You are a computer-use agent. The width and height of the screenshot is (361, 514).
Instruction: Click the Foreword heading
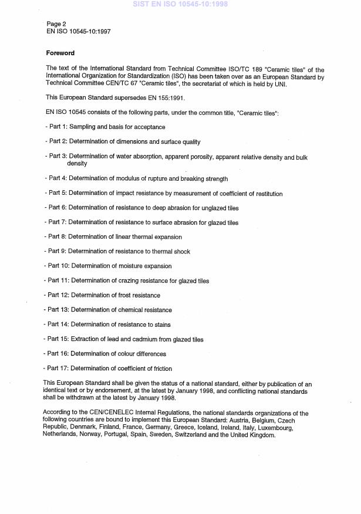60,53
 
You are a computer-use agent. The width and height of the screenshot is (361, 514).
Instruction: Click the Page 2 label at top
56,23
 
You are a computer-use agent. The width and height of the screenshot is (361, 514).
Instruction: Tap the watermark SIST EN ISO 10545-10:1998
180,4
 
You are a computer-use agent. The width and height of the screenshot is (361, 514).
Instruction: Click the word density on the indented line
77,164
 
